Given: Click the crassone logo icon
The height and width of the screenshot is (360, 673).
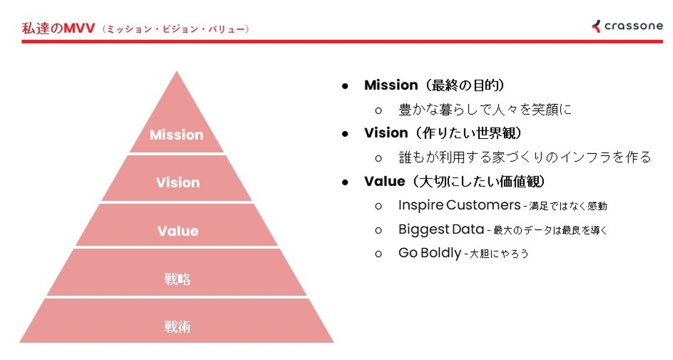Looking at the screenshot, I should [596, 26].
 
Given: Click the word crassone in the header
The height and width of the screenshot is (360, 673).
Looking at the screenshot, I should [633, 26].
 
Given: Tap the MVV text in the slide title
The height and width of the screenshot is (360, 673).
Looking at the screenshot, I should [79, 29].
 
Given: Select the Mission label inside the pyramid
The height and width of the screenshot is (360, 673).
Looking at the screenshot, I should [177, 135].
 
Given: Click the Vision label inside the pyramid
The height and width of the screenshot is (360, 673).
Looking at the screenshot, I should [178, 182].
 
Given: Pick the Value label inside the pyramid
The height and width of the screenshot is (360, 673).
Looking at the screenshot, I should [178, 231].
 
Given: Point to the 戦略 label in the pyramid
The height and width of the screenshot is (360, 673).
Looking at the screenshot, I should [178, 279].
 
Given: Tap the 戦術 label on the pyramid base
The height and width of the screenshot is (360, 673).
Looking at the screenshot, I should [178, 327].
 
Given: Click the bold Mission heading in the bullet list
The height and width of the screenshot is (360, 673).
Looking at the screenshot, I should [391, 85].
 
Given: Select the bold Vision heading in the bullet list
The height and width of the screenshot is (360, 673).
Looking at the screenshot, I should [386, 133].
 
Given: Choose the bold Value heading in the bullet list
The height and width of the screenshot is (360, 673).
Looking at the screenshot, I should [385, 181].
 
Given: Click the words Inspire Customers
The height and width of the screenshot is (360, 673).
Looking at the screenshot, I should [459, 205].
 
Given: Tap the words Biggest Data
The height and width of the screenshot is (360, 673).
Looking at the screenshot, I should [441, 229].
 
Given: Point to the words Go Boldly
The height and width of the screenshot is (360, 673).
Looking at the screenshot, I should [430, 253].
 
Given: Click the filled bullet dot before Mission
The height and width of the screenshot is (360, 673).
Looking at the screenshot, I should [345, 86].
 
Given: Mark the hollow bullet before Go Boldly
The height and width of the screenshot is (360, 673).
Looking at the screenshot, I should [379, 254].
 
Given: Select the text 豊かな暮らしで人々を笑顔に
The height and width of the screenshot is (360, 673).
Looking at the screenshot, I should [485, 109].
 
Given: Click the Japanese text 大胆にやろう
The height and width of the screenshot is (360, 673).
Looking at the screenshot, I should [499, 254].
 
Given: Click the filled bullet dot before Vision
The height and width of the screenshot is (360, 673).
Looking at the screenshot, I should [345, 134].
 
